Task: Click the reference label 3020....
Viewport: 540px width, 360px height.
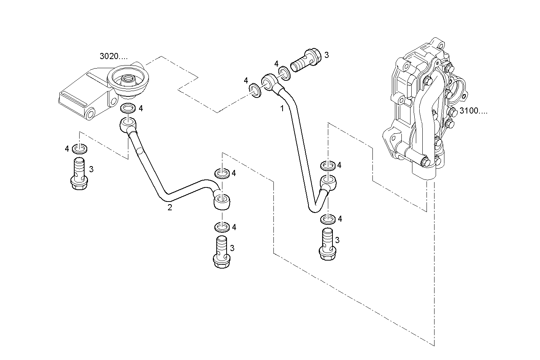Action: click(113, 56)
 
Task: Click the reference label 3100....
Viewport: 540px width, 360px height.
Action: click(473, 111)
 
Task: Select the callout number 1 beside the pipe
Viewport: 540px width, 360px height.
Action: click(282, 109)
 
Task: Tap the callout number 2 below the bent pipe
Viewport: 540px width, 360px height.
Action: click(170, 207)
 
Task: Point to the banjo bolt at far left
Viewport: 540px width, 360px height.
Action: click(79, 174)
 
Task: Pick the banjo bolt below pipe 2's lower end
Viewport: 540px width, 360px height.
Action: click(222, 252)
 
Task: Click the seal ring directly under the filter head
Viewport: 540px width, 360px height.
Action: click(128, 109)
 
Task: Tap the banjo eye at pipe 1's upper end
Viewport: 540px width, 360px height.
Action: click(269, 81)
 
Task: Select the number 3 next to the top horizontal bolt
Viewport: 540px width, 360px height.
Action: click(326, 55)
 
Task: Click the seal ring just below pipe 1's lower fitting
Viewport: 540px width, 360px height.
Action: click(328, 219)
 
